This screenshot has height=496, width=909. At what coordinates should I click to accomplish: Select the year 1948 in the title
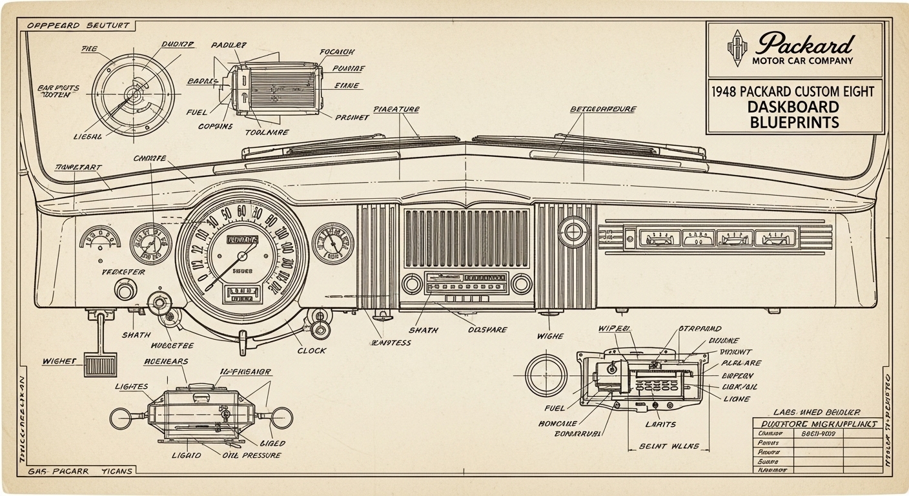pos(725,91)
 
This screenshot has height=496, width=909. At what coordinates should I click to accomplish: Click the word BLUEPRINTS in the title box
pos(794,121)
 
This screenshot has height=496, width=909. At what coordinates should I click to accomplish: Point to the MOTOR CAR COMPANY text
pos(802,61)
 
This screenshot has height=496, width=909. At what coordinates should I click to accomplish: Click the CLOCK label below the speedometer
pos(312,351)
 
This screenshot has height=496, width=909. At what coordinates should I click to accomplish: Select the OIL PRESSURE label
pos(252,455)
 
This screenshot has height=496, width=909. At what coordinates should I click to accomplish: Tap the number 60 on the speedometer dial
pos(241,212)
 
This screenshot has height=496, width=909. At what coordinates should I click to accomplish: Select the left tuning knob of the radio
pos(412,283)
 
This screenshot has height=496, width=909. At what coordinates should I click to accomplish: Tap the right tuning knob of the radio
pos(521,283)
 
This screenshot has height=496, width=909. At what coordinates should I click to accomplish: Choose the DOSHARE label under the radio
pos(487,329)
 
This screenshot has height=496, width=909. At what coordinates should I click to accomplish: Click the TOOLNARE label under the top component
pos(267,132)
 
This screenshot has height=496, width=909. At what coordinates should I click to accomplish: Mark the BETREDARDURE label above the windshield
pos(603,109)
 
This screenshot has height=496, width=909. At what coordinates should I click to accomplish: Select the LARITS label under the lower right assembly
pos(660,424)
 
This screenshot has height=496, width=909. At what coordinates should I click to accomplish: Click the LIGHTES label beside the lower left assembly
pos(132,386)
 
